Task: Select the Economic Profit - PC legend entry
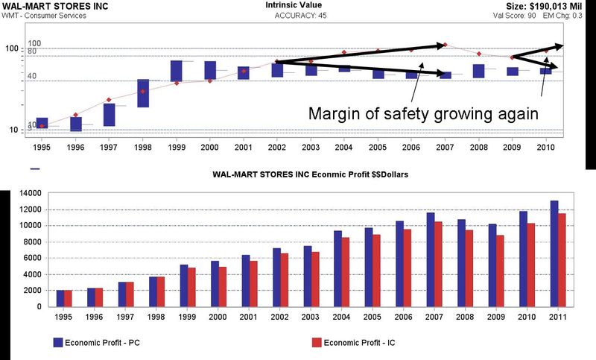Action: tap(96, 343)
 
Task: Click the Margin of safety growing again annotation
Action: tap(422, 115)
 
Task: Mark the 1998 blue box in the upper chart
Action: tap(143, 93)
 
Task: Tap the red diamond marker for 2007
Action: tap(445, 45)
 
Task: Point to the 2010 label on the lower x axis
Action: tap(528, 316)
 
